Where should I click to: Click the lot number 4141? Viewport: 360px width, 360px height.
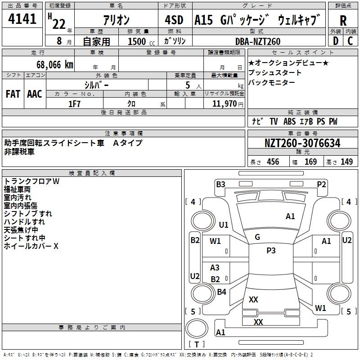22,19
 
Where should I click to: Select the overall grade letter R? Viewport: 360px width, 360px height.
343,21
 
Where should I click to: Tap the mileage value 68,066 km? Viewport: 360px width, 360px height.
55,65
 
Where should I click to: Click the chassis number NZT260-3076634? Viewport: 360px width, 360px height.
302,143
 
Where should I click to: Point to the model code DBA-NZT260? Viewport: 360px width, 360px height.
258,41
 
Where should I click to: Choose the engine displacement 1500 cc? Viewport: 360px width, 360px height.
141,41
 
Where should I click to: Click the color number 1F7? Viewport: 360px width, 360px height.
74,104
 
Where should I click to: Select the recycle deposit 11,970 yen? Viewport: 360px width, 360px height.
228,104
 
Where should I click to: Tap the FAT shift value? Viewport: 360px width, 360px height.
13,94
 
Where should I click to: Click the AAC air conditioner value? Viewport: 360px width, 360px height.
35,94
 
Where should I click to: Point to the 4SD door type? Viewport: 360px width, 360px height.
174,20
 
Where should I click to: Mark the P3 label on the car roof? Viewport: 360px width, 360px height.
271,251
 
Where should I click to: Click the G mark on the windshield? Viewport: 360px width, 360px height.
257,237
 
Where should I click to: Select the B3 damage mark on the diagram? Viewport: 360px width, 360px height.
220,184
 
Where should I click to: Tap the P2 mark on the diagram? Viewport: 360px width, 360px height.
321,184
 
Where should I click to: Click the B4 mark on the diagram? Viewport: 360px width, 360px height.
221,292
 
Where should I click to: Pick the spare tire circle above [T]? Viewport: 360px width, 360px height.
197,328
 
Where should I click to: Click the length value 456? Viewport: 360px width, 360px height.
273,162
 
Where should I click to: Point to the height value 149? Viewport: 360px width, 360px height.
346,162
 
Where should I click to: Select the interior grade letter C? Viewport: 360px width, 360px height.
350,41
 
